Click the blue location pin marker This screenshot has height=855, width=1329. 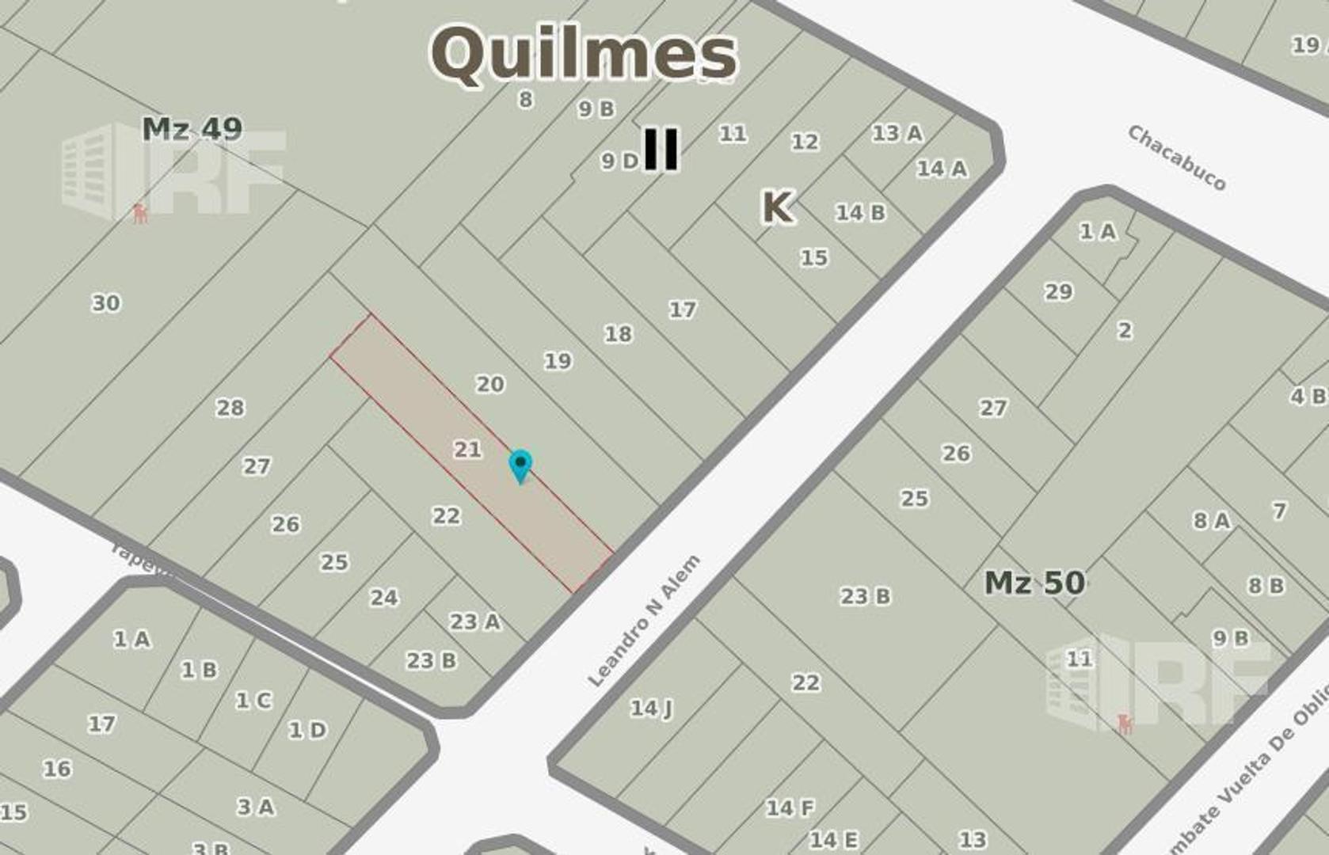[x=520, y=465]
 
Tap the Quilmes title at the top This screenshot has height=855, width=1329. [x=584, y=54]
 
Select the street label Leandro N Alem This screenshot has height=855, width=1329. [x=644, y=621]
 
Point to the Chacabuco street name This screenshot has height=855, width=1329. [x=1176, y=158]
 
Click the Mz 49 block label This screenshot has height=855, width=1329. [x=192, y=129]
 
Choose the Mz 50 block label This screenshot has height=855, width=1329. [x=1034, y=583]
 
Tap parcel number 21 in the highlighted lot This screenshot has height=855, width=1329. [x=467, y=450]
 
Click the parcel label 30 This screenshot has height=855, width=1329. [x=106, y=303]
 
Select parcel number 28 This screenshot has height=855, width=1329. [x=230, y=408]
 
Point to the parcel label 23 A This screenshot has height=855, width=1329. [x=475, y=622]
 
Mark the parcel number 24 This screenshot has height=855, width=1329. [x=384, y=598]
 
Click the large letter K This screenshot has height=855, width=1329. [x=776, y=207]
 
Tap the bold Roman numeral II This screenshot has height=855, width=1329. [x=661, y=149]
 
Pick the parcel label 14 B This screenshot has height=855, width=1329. [x=861, y=213]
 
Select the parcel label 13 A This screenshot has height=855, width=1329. [x=897, y=134]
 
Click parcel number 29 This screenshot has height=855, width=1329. [x=1058, y=292]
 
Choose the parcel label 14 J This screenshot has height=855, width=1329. [x=651, y=709]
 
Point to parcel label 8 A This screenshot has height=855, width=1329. [x=1212, y=521]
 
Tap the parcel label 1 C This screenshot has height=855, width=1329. [x=253, y=701]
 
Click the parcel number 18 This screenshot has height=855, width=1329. [x=619, y=334]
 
